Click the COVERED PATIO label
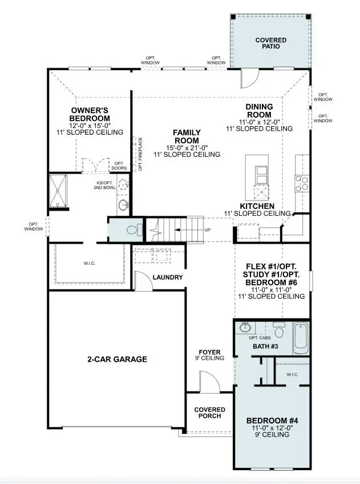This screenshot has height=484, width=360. [x=271, y=44]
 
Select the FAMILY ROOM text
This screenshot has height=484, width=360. [x=187, y=136]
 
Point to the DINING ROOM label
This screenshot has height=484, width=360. [x=259, y=110]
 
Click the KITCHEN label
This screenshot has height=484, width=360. [x=257, y=205]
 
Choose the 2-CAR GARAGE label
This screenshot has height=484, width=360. [x=117, y=359]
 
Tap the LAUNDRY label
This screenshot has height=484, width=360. [x=168, y=277]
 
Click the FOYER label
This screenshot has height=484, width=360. [x=209, y=352]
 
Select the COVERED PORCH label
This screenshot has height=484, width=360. [x=209, y=413]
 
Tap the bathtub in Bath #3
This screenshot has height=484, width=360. [x=301, y=338]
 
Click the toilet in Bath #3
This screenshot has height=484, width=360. [x=279, y=331]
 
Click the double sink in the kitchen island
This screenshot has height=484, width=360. [x=262, y=172]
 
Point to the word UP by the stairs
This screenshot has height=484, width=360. [x=207, y=229]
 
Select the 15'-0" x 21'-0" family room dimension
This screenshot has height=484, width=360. [x=187, y=147]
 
